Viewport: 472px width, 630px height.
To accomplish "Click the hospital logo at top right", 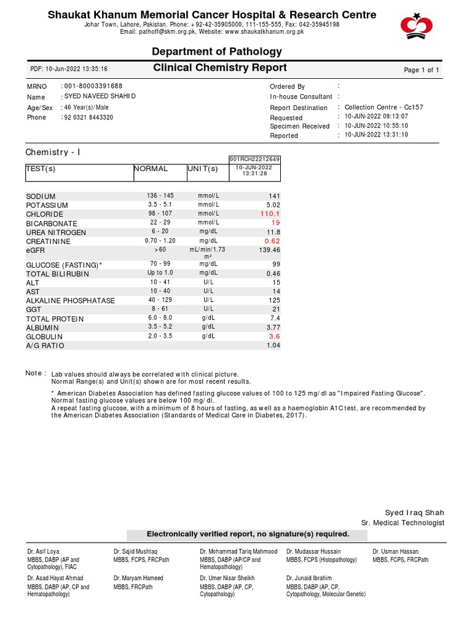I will (x=417, y=25).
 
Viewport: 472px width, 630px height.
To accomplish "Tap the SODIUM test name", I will (x=41, y=196).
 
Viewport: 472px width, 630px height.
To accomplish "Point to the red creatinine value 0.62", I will (x=272, y=241).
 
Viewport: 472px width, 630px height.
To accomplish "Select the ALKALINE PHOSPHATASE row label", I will (x=70, y=301).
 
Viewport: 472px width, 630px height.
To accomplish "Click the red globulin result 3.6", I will (x=274, y=337).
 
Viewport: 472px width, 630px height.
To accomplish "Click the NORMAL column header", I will (x=151, y=169).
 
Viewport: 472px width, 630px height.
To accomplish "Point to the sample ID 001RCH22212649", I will (x=254, y=159).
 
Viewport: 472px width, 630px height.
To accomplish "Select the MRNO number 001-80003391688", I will (x=93, y=87).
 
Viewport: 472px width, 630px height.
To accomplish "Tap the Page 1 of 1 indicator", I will (x=421, y=70).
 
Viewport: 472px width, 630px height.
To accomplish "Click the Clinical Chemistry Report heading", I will (x=220, y=68).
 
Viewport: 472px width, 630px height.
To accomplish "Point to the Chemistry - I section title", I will (x=53, y=152).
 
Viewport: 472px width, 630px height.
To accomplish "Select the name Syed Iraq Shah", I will (x=414, y=512).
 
